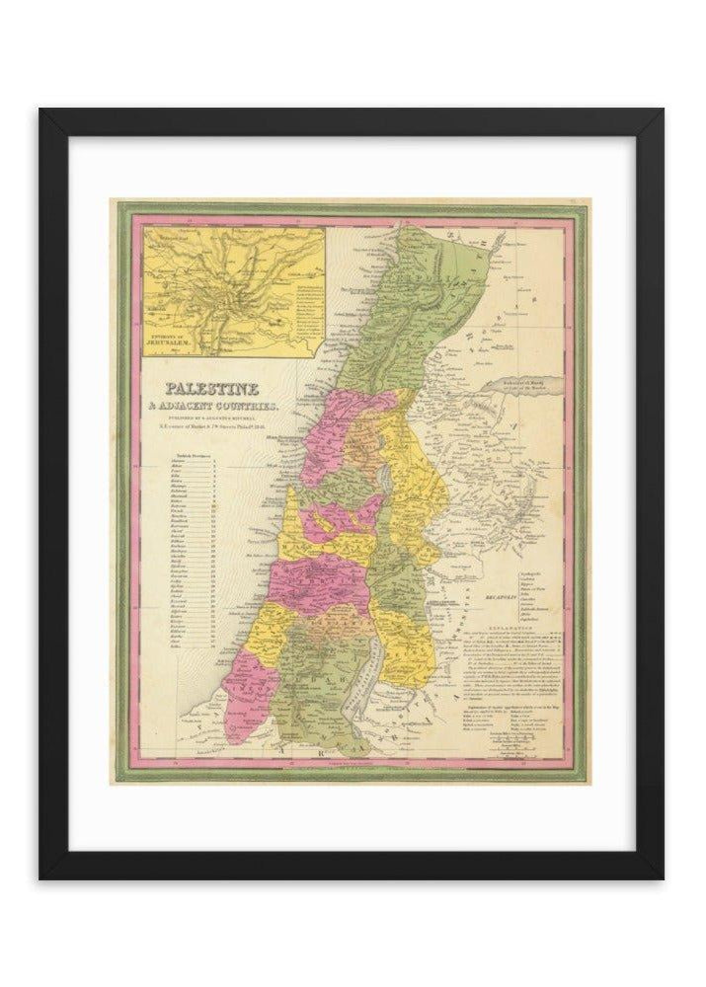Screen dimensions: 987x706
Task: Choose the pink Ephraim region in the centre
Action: (x=306, y=572)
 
